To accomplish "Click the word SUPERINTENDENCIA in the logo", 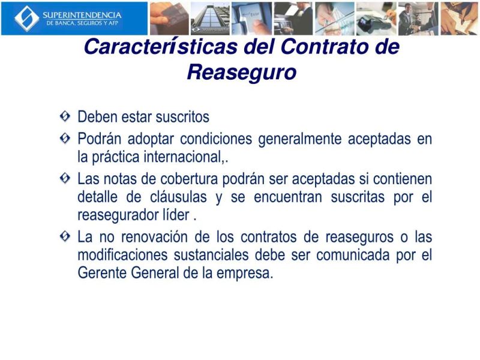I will coord(82,14).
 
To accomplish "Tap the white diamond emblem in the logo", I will coord(26,18).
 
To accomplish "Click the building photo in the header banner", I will coord(210,18).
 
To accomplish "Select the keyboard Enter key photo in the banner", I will coord(251,18).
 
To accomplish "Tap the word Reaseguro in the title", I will coord(242,72).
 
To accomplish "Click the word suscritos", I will coord(182,116).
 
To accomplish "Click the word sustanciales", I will coord(206,254).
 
